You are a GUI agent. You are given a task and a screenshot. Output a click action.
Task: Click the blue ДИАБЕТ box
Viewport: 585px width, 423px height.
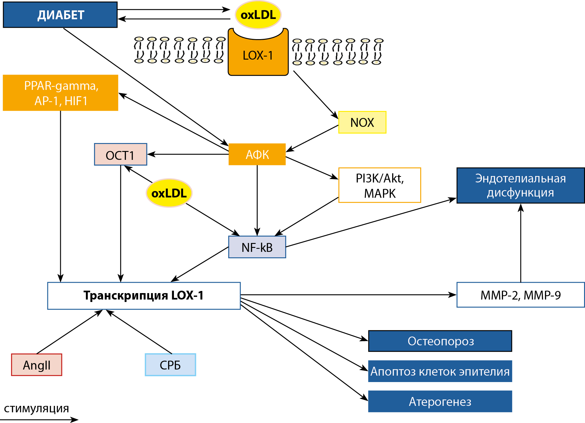click(x=60, y=15)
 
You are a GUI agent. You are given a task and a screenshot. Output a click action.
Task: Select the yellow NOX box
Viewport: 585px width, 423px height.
click(x=362, y=123)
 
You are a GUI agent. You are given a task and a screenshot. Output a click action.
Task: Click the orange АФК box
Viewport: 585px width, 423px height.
click(x=257, y=154)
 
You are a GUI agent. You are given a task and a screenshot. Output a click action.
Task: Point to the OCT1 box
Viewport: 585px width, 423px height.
click(x=120, y=155)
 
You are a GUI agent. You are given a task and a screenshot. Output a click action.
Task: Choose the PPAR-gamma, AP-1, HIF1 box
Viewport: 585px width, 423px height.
click(x=61, y=93)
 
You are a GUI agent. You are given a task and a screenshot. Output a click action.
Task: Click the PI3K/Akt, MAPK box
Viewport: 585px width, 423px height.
click(x=380, y=185)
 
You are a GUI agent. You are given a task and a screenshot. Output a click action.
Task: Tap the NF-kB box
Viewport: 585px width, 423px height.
click(x=257, y=247)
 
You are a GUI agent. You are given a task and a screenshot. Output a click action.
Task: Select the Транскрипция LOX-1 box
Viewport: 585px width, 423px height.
click(x=144, y=296)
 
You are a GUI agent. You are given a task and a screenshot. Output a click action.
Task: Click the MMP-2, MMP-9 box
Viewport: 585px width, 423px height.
click(x=521, y=295)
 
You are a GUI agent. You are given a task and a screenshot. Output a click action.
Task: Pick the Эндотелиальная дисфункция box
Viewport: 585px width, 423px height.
click(x=521, y=186)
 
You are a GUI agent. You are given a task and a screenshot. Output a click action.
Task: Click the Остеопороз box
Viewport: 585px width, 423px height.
click(x=440, y=341)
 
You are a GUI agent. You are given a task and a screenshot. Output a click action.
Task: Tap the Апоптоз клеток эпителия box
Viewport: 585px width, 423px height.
click(x=440, y=371)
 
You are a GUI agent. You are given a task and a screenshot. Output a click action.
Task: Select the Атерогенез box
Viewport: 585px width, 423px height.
click(x=440, y=401)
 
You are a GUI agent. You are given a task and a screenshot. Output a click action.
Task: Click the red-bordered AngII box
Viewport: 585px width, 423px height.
click(x=37, y=365)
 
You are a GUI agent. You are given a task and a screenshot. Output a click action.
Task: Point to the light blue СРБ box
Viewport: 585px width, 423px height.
click(x=170, y=365)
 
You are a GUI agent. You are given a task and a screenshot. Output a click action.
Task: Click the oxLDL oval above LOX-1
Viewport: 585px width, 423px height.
click(x=258, y=15)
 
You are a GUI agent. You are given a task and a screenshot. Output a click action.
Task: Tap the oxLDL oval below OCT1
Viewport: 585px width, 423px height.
click(x=169, y=193)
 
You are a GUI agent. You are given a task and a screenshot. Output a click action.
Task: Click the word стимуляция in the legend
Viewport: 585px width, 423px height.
click(x=36, y=409)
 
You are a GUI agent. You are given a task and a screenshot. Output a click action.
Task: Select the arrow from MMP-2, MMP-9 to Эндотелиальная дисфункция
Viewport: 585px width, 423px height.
click(x=521, y=245)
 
